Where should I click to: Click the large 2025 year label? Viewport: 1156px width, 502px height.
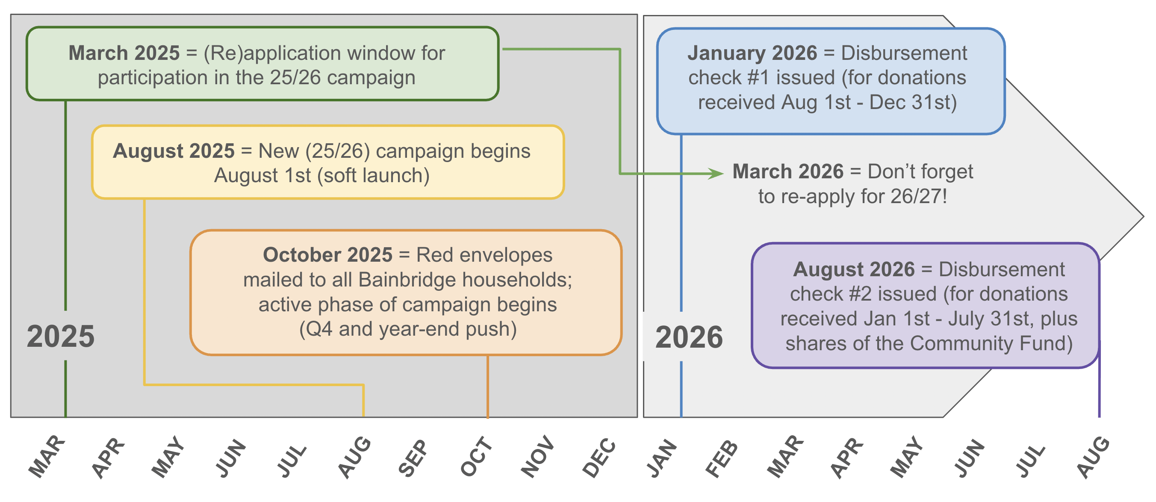[x=61, y=337]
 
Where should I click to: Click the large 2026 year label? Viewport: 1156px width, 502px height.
[x=689, y=337]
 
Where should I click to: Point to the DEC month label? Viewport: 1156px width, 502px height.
[x=599, y=457]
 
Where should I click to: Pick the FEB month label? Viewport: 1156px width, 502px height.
[x=722, y=458]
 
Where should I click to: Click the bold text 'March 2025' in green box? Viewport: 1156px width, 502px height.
[x=124, y=53]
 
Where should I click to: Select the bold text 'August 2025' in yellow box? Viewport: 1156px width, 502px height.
[x=174, y=151]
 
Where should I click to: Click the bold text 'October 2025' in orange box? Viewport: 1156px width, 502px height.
[x=327, y=255]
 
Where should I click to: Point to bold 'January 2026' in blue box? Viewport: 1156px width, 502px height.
[x=752, y=53]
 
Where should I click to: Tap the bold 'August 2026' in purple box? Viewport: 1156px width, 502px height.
[x=854, y=269]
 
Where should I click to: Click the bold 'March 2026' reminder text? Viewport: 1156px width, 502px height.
[x=788, y=171]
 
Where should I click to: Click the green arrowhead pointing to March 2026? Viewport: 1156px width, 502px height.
[x=716, y=173]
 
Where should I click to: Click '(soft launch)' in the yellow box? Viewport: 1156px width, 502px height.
[x=373, y=176]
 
